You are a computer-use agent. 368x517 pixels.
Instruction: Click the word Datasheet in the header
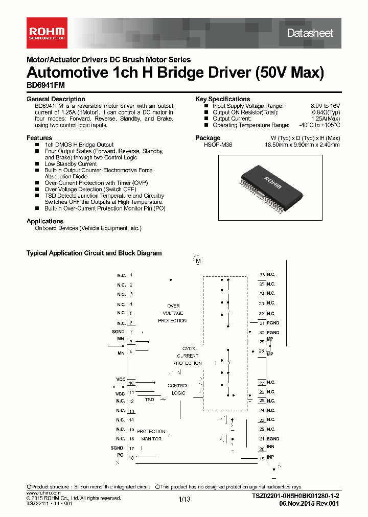pos(310,33)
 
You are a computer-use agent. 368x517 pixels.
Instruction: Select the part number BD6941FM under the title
pos(45,86)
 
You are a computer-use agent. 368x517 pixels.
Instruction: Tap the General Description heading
pos(56,99)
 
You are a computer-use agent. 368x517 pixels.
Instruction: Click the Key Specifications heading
pos(222,99)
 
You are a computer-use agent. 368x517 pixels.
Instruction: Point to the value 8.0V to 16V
pos(325,106)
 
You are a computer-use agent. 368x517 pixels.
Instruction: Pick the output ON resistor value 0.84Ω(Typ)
pos(326,112)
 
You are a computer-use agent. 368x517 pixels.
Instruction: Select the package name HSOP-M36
pos(218,145)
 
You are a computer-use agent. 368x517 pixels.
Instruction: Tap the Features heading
pos(39,138)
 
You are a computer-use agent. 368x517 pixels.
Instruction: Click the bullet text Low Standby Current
pos(71,164)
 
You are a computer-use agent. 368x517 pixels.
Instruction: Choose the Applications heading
pos(45,221)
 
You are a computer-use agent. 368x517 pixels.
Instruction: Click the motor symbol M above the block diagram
pos(198,261)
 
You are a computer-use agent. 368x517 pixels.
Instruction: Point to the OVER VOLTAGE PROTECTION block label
pos(173,313)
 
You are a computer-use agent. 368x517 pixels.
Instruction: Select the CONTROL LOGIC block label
pos(178,389)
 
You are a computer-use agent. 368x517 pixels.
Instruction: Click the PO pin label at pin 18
pos(120,454)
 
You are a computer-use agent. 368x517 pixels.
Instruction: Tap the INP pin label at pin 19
pos(270,458)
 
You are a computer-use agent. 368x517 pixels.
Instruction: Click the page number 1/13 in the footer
pos(185,499)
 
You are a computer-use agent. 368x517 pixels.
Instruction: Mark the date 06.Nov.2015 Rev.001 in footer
pos(309,503)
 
